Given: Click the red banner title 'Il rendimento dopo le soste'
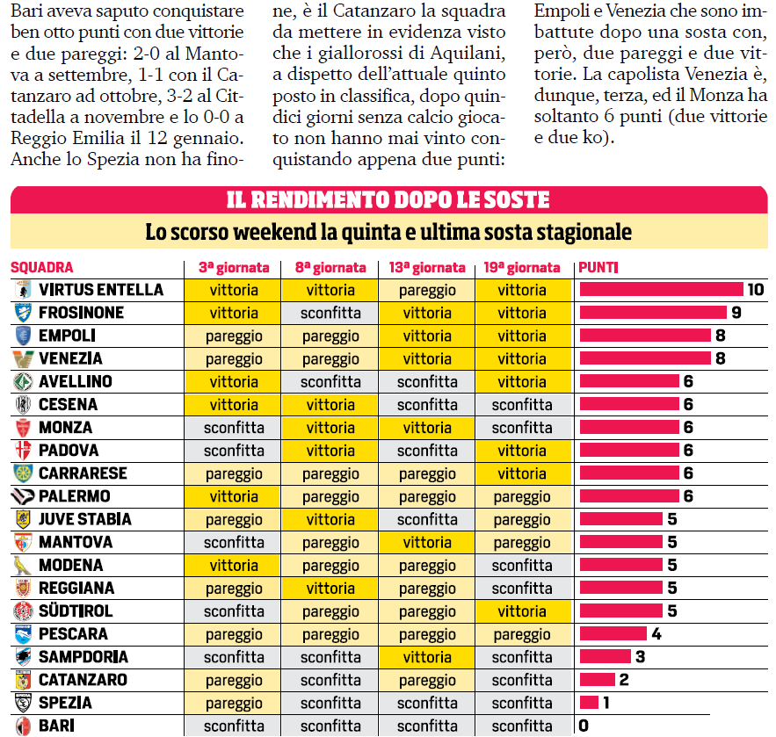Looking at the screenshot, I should pos(388,200).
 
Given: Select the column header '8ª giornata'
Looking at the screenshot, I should pos(330,268).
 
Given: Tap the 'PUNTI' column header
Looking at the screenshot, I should pos(598,268).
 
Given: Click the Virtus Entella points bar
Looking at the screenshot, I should pos(661,290).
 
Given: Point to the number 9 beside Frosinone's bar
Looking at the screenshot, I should pos(736,313).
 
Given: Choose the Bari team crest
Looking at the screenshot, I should pos(23,726).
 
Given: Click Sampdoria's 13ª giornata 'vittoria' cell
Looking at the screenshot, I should pos(427,657).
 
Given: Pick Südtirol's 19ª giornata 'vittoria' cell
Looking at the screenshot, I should pos(522,611).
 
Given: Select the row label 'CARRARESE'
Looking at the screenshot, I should pos(83,473).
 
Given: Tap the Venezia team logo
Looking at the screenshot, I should pos(23,358).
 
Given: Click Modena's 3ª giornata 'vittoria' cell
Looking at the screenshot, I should pos(234,566).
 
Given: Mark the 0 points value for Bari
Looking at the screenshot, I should pos(584,726).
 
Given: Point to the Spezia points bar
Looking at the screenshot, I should pos(589,703).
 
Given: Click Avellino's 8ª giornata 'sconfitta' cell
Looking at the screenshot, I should pos(330,382).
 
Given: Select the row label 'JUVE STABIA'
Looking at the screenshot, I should pos(85,519).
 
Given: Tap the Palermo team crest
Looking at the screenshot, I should pos(23,496).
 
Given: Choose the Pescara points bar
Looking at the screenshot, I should pos(613,634).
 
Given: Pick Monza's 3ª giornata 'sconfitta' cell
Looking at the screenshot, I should pos(234,428).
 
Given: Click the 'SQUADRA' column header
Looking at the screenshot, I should pos(42,268).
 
